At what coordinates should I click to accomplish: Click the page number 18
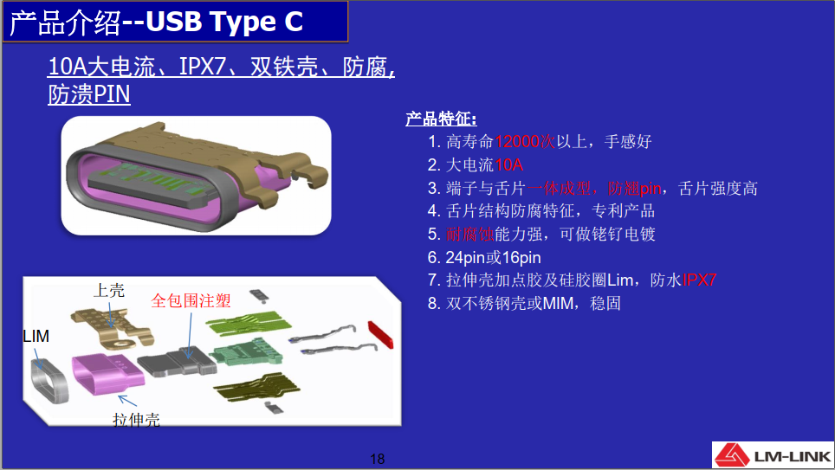[377, 458]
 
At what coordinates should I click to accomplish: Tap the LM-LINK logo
[773, 455]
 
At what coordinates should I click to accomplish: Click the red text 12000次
[525, 142]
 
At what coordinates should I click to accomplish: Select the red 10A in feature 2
[508, 165]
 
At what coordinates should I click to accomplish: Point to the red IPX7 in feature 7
[699, 280]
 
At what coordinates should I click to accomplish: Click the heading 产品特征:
[441, 119]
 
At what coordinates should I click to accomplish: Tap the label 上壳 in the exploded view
[108, 290]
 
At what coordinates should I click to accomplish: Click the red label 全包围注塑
[191, 300]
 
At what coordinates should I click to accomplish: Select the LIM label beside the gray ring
[36, 336]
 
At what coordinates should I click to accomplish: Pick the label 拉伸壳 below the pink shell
[136, 420]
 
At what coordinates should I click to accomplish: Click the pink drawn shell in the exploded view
[108, 375]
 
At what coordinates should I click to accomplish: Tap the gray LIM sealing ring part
[49, 380]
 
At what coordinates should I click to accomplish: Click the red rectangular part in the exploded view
[381, 335]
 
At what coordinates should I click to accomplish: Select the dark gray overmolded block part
[178, 362]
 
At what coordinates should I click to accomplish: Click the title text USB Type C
[224, 22]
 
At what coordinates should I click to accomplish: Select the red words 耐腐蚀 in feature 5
[470, 235]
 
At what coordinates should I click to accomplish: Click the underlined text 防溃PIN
[89, 94]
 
